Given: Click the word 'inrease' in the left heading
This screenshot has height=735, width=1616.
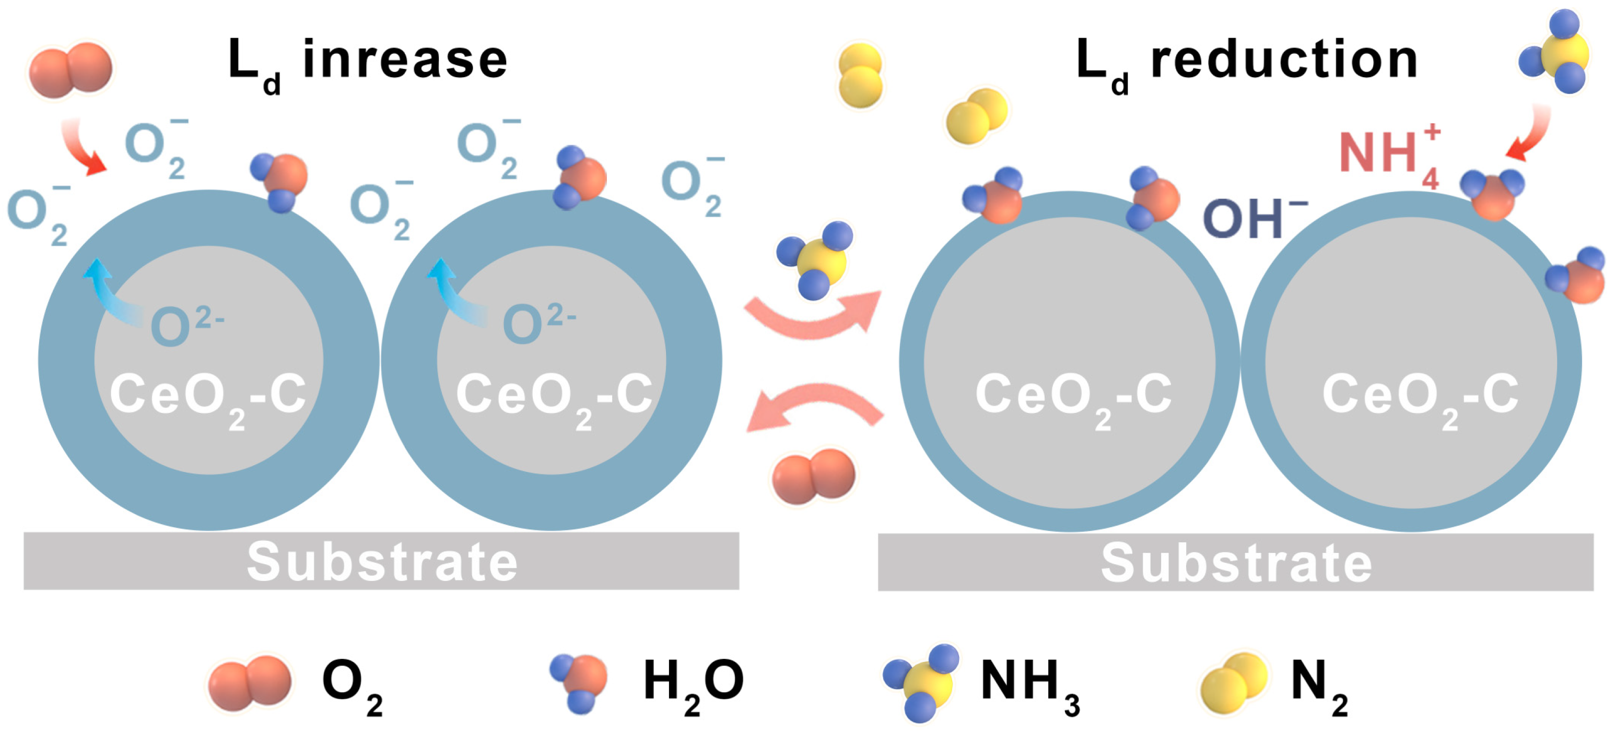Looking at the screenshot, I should click(405, 60).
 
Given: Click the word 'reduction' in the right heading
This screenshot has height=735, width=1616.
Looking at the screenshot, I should click(1283, 60).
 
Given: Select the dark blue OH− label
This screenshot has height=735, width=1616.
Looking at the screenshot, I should click(1252, 219).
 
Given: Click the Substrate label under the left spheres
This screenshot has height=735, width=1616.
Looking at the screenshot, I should click(381, 562).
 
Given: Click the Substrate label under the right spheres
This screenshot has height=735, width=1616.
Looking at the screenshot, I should click(1236, 563).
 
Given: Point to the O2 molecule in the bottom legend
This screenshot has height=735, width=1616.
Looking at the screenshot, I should click(250, 683).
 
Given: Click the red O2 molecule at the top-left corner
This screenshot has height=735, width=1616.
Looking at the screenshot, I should click(71, 69).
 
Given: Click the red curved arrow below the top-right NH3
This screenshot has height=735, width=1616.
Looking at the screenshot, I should click(1531, 135).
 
